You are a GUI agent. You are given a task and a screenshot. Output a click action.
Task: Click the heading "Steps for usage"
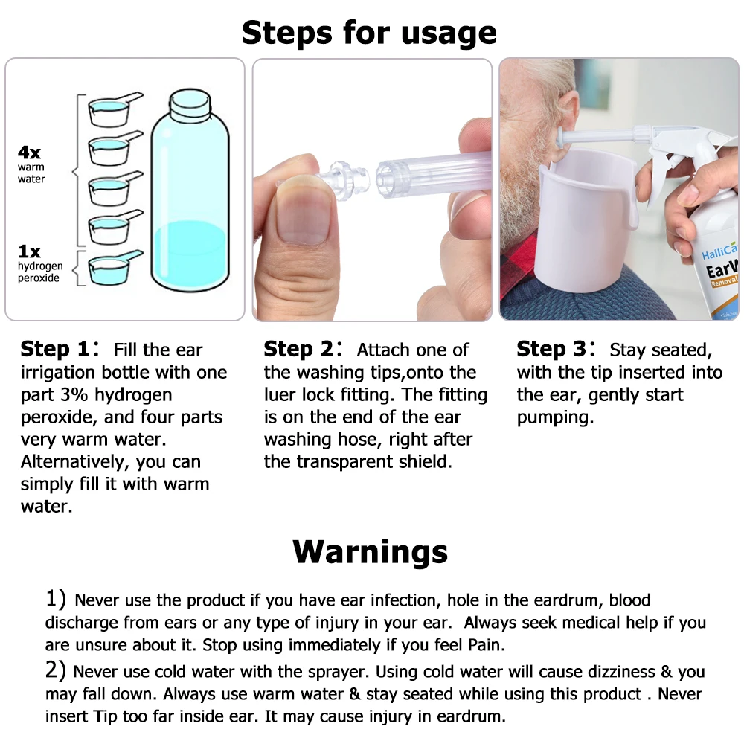click(369, 33)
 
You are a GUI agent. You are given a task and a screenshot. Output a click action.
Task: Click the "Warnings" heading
click(370, 552)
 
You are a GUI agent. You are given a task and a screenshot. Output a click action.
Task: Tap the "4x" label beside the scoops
click(30, 153)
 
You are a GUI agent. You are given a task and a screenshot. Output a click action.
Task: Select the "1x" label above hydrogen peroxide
click(29, 252)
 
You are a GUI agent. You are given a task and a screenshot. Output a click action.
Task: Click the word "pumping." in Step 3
click(555, 417)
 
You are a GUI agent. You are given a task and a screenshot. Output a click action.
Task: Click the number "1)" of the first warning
click(57, 599)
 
